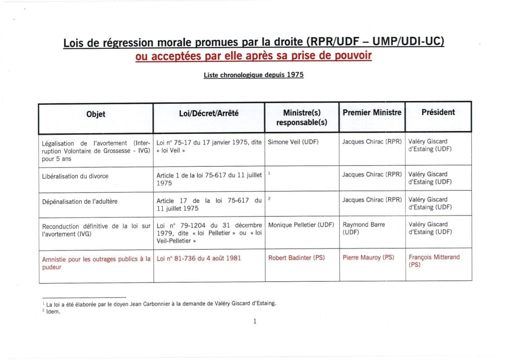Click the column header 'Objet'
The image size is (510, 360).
click(96, 114)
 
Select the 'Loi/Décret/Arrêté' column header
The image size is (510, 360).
click(209, 114)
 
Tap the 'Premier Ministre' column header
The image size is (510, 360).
click(372, 113)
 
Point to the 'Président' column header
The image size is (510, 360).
click(438, 113)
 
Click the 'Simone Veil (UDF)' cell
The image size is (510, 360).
click(293, 142)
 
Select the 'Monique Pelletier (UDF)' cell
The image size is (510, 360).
click(301, 225)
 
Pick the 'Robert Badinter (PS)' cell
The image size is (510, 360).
click(296, 258)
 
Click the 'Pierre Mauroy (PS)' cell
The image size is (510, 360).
click(368, 257)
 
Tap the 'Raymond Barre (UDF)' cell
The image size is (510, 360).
click(364, 229)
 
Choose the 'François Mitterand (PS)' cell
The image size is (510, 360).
click(434, 261)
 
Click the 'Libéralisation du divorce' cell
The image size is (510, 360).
click(75, 176)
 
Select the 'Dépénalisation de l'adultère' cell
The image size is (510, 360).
click(80, 201)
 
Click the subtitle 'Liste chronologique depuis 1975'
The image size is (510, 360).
click(254, 75)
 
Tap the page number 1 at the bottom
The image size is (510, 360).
click(255, 321)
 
